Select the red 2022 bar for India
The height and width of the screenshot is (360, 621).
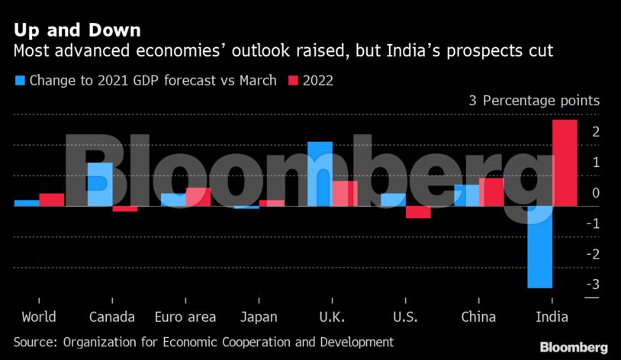point(564,162)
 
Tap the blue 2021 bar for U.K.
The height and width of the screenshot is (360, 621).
point(320,174)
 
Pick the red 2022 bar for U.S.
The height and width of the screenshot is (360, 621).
point(417,212)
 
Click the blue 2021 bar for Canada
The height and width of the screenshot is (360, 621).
point(100,184)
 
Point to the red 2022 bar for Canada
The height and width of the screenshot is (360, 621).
point(125,209)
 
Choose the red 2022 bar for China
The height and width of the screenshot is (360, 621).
point(491,192)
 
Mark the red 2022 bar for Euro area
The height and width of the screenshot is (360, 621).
point(198,197)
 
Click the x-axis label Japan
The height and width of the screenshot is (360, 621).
point(259,317)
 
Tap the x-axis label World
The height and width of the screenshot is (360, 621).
point(39,317)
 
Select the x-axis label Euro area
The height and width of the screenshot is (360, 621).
point(185,317)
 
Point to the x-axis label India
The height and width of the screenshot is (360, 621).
point(552,317)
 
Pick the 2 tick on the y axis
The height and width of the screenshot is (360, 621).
point(594,133)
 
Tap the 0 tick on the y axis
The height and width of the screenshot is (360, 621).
point(594,193)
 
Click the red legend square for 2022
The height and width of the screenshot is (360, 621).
point(294,80)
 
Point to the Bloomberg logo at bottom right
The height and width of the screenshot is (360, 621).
point(574,347)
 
